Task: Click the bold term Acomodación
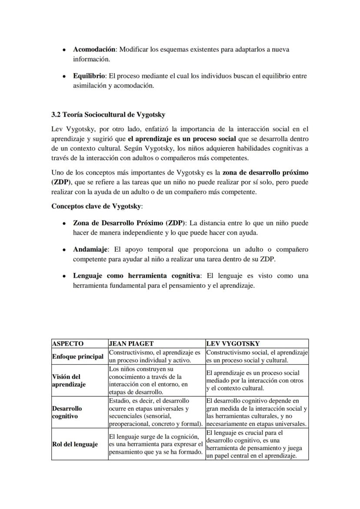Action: [94, 50]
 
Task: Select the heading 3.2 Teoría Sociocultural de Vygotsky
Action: [108, 115]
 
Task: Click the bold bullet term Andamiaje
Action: [90, 250]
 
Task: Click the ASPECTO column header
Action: [68, 343]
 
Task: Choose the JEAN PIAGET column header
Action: [131, 343]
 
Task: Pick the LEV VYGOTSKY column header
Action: [233, 343]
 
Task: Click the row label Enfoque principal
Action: [78, 356]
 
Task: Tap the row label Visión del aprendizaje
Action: [69, 380]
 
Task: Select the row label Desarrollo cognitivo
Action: [67, 412]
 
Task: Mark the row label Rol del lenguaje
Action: [75, 444]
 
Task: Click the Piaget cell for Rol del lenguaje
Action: [156, 444]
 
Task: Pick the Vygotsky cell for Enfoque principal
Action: [257, 356]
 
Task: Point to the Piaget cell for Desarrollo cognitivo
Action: [156, 412]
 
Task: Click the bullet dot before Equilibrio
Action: [64, 77]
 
